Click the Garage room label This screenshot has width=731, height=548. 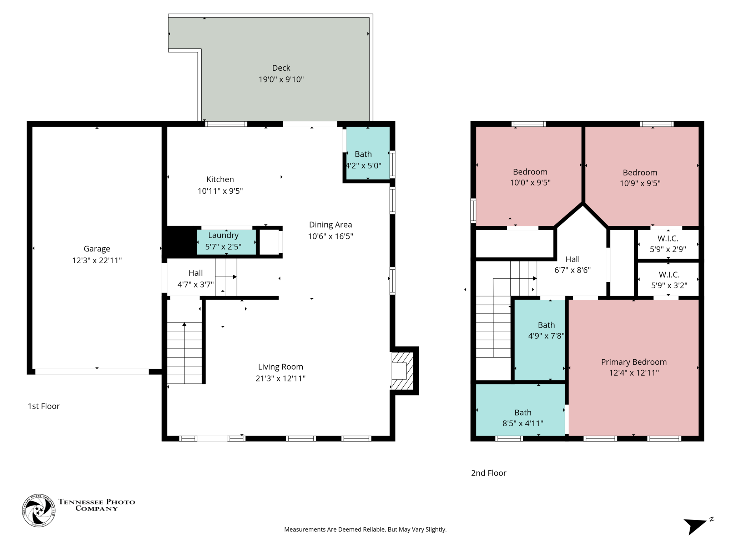pyautogui.click(x=97, y=249)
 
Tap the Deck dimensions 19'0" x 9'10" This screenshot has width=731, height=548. pyautogui.click(x=281, y=79)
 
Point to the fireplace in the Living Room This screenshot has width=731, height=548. pyautogui.click(x=402, y=371)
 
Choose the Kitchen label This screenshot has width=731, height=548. pyautogui.click(x=220, y=179)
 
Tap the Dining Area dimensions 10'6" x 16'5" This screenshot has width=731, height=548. pyautogui.click(x=330, y=236)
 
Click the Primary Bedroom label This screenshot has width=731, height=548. pyautogui.click(x=634, y=362)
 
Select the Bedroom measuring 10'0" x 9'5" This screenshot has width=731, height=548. pyautogui.click(x=530, y=177)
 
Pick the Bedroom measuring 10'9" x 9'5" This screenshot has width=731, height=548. pyautogui.click(x=640, y=178)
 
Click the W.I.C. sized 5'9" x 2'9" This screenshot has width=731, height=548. pyautogui.click(x=667, y=244)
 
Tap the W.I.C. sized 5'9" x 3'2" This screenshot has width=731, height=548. pyautogui.click(x=669, y=280)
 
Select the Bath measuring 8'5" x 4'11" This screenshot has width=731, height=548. pyautogui.click(x=523, y=418)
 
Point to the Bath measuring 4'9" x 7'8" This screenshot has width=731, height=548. pyautogui.click(x=546, y=330)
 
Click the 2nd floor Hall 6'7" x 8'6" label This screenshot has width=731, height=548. pyautogui.click(x=572, y=259)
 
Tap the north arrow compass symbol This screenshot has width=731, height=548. pyautogui.click(x=696, y=525)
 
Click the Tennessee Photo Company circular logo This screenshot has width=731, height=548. pyautogui.click(x=39, y=511)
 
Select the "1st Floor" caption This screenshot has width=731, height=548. pyautogui.click(x=44, y=406)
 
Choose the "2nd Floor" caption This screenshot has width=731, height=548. pyautogui.click(x=488, y=473)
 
